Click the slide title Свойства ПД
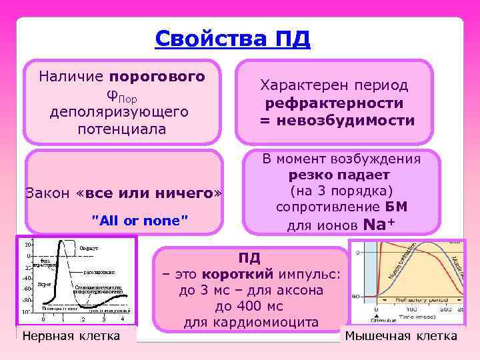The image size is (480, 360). [232, 39]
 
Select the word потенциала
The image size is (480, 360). [122, 129]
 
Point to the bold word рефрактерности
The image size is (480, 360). [334, 103]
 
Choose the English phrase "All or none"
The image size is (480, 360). [139, 219]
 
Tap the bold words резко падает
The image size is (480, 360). [339, 175]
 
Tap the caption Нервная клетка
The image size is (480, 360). [71, 335]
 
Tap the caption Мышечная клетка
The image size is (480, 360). [401, 335]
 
